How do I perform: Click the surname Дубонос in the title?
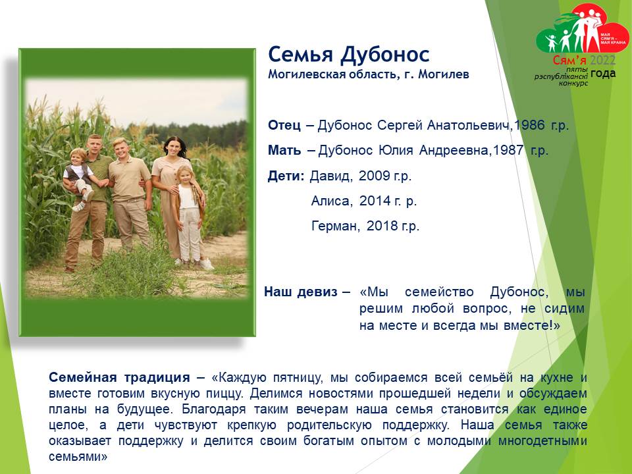coord(384,55)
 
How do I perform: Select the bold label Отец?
coord(284,125)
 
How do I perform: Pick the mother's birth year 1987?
coord(508,150)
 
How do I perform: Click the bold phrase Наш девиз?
coord(301,292)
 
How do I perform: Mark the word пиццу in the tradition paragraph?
coord(226,394)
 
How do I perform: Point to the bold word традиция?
coord(157,378)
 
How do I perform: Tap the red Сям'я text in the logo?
coord(569,61)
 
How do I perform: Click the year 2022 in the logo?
coord(602,61)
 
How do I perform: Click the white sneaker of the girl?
coord(206,265)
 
